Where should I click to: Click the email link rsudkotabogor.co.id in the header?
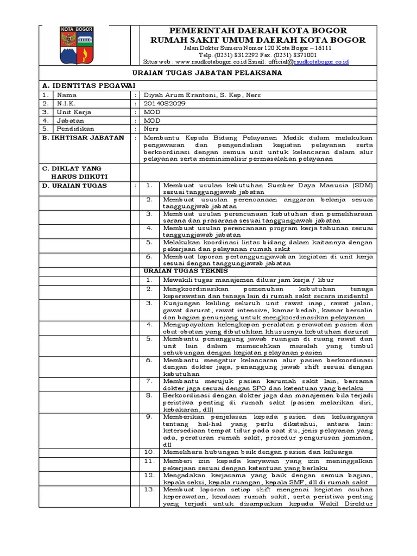coord(321,62)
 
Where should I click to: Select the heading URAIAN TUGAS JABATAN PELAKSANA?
coord(208,73)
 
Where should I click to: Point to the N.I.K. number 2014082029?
coord(163,103)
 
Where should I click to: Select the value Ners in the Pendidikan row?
coord(151,129)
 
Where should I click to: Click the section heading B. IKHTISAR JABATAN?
coord(83,138)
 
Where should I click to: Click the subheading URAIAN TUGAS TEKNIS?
coord(186,270)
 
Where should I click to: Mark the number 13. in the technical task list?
coord(150,489)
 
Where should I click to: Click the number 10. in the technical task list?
coord(150,452)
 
